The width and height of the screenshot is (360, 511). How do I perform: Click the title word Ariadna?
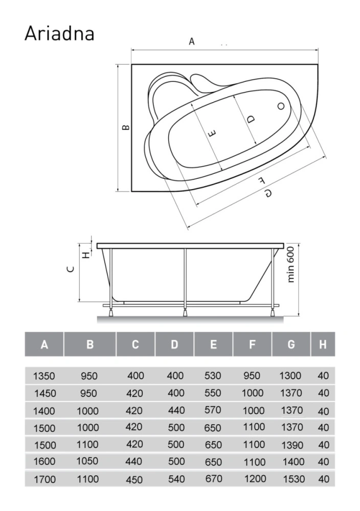pyautogui.click(x=59, y=34)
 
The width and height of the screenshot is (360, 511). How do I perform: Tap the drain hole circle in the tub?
pyautogui.click(x=281, y=106)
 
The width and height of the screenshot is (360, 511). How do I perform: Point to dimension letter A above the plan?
pyautogui.click(x=192, y=41)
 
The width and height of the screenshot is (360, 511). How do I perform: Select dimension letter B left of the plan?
pyautogui.click(x=125, y=127)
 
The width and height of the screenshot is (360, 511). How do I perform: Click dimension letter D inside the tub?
pyautogui.click(x=251, y=120)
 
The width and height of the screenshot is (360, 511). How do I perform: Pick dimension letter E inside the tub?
pyautogui.click(x=212, y=133)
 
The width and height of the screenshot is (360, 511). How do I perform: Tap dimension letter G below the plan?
pyautogui.click(x=268, y=194)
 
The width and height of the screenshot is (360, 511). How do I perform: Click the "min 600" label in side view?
pyautogui.click(x=291, y=264)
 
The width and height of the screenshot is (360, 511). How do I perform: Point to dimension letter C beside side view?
pyautogui.click(x=71, y=269)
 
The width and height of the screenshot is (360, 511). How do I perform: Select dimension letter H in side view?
pyautogui.click(x=85, y=255)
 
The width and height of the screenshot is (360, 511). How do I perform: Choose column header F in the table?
pyautogui.click(x=252, y=344)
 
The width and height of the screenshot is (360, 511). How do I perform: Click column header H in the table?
pyautogui.click(x=323, y=344)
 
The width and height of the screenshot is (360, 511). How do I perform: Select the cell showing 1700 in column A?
pyautogui.click(x=44, y=479)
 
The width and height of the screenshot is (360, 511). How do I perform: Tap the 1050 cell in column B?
pyautogui.click(x=87, y=461)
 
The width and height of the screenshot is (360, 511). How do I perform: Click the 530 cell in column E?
pyautogui.click(x=213, y=376)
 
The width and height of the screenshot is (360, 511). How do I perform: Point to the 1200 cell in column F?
pyautogui.click(x=255, y=479)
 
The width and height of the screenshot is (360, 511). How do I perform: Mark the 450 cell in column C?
pyautogui.click(x=134, y=480)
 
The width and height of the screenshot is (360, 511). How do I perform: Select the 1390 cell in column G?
pyautogui.click(x=292, y=445)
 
